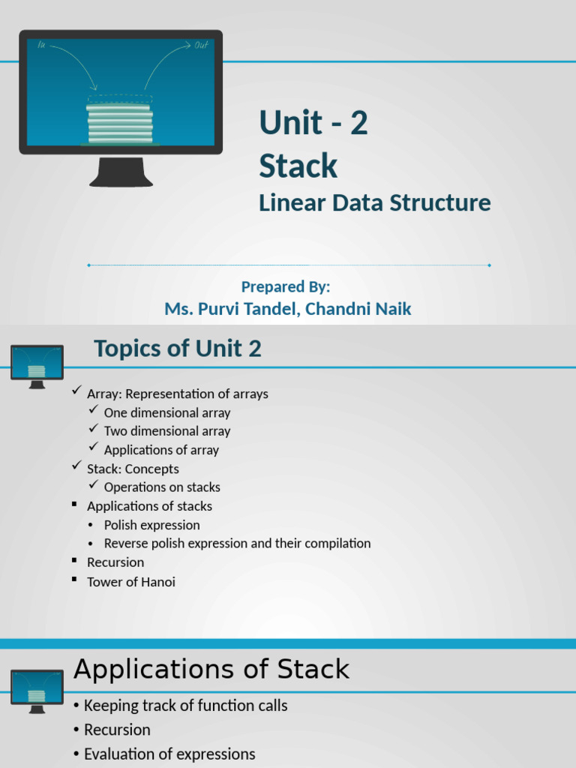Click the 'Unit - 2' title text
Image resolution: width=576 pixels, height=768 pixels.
pos(313,123)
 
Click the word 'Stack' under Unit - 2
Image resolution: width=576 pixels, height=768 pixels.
pos(298,166)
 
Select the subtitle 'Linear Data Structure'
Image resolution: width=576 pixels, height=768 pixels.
pos(374,202)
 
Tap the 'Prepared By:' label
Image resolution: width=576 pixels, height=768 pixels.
pos(286,286)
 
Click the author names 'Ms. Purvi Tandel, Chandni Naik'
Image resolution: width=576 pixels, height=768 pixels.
pos(287,308)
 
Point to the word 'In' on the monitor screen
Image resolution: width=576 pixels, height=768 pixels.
pos(41,46)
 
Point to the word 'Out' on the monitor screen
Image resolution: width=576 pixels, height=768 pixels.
pos(200,46)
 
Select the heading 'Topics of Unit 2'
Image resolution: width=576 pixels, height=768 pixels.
pos(178,349)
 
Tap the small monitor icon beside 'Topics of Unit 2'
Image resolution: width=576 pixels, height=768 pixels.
pos(37,365)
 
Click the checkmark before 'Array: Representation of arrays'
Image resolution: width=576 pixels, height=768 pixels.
pos(76,391)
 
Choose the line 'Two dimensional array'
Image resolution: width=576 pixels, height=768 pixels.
pos(166,431)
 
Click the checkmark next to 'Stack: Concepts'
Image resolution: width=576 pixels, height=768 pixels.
pos(76,466)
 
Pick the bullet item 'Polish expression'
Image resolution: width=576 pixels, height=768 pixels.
pos(151,525)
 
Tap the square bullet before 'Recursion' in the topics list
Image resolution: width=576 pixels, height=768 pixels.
pos(75,561)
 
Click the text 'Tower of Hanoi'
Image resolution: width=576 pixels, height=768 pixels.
pos(130,581)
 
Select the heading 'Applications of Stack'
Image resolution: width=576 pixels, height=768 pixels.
pos(211,669)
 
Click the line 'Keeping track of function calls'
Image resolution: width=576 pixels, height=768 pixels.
pos(185,706)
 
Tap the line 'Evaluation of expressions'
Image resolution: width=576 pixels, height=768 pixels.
pos(169,754)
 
